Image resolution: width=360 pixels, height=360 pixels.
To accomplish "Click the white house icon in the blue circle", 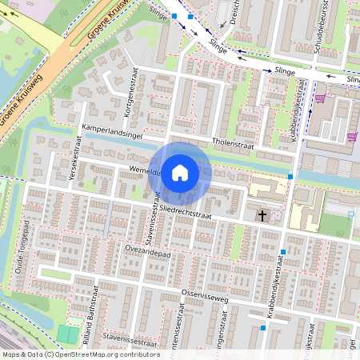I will tap(180, 172).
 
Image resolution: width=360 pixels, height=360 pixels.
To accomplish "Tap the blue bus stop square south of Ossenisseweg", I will tap(262, 327).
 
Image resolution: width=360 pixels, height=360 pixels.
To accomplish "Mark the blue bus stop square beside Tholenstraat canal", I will tap(290, 175).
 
